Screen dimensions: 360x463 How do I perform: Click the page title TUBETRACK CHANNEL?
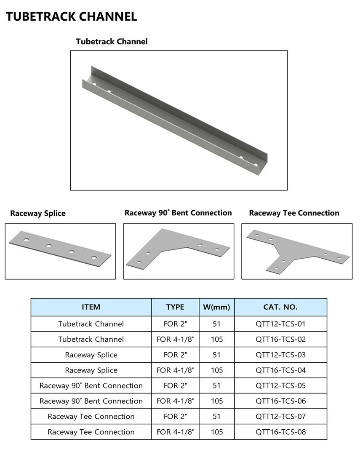[x=72, y=16]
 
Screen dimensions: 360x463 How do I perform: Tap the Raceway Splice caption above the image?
[x=38, y=213]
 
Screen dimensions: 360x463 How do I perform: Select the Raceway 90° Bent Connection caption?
[x=178, y=213]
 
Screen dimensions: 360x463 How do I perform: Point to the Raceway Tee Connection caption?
[x=294, y=213]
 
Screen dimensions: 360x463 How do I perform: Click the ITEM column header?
[x=91, y=307]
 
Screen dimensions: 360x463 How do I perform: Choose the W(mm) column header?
[x=216, y=307]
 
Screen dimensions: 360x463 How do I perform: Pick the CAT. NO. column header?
[x=280, y=307]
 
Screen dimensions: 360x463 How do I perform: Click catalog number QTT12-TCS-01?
[x=280, y=324]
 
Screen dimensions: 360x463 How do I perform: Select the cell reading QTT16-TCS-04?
[x=280, y=370]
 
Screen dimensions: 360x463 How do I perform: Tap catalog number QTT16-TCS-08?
[x=280, y=432]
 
